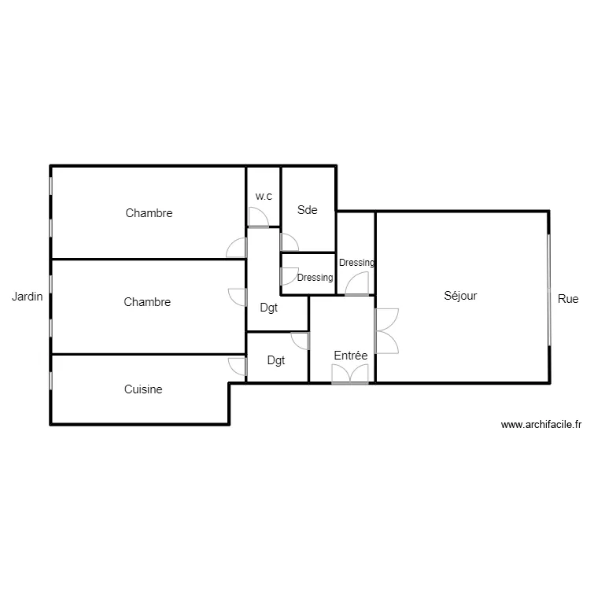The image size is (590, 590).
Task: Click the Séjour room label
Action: tap(460, 297)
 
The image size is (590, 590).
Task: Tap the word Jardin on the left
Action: tap(27, 297)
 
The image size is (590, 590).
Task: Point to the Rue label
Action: tap(568, 299)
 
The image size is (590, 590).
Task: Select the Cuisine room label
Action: tap(143, 389)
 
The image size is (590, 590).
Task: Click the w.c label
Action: tap(264, 196)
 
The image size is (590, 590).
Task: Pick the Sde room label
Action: tap(307, 210)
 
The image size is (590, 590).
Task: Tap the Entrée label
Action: tap(351, 356)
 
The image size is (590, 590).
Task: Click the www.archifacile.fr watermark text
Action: tap(540, 425)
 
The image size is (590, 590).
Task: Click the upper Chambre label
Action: tap(149, 213)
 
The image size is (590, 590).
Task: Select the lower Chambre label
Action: tap(147, 302)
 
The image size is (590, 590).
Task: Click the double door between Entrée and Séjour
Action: tap(386, 330)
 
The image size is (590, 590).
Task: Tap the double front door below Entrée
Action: tap(350, 374)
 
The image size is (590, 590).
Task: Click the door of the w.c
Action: tap(258, 217)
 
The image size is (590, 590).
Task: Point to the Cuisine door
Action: tap(238, 366)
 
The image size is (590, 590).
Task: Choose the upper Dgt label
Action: tap(269, 308)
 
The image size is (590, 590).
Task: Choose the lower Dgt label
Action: tap(276, 361)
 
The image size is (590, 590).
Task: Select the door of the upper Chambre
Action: tap(236, 249)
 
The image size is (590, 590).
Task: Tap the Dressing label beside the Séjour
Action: tap(356, 263)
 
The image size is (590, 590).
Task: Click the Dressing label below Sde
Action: tap(315, 278)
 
